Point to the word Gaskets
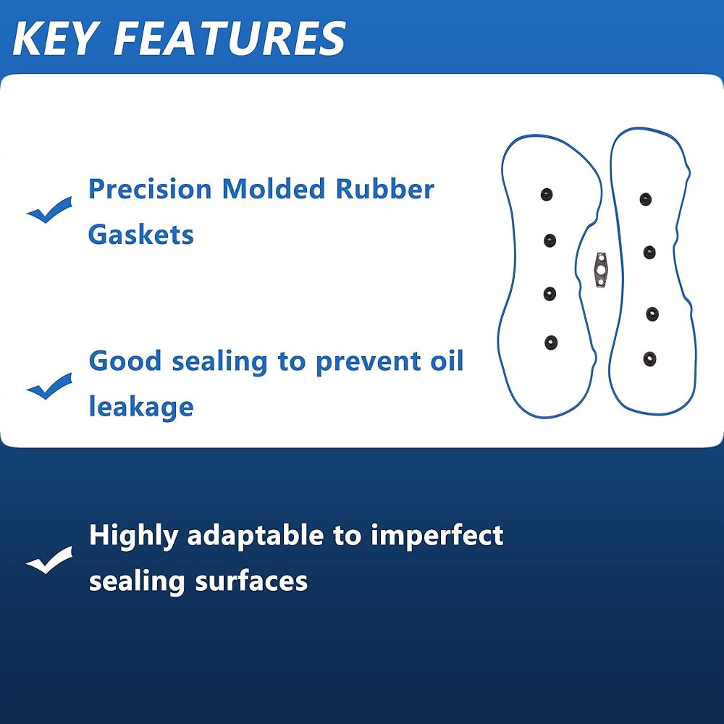tap(141, 235)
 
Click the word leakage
tap(141, 407)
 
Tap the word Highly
tap(133, 536)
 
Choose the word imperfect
tap(437, 536)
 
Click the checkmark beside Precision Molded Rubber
tap(49, 211)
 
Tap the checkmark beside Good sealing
tap(49, 387)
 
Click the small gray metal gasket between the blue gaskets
tap(600, 269)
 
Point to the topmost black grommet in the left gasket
tap(547, 194)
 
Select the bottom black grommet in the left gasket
tap(551, 342)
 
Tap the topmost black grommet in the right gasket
tap(646, 199)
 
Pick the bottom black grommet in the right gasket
tap(650, 358)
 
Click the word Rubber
tap(384, 190)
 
